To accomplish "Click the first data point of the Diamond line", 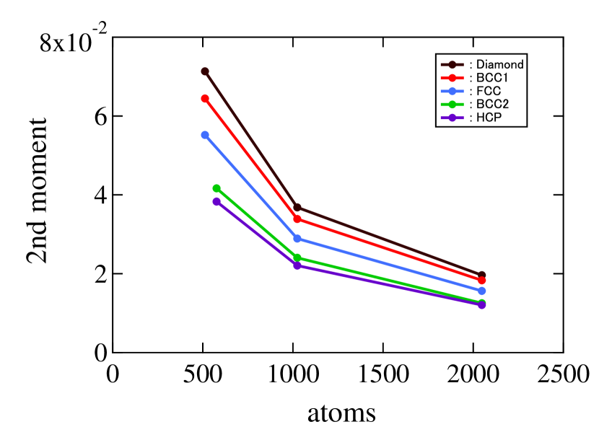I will pos(205,71).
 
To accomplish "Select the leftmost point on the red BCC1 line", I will pos(205,98).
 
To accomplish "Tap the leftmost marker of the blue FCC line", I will pos(205,135).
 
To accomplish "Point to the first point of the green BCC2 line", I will pos(217,188).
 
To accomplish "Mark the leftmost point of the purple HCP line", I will pos(217,201).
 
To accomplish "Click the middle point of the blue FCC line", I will pos(297,239).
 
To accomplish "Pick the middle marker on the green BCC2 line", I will pos(297,257).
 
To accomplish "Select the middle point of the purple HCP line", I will pos(297,265).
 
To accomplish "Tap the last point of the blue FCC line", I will pos(482,291).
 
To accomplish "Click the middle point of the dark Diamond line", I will pos(297,208).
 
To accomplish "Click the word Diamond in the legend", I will pos(500,64).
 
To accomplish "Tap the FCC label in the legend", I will pos(489,91).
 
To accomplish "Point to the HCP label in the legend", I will pos(489,118).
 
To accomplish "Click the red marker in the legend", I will pos(452,78).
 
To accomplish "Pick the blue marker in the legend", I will pos(452,91).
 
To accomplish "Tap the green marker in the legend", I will pos(452,105).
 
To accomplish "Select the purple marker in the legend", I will pos(452,118).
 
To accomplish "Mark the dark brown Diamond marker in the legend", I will pos(452,65).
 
